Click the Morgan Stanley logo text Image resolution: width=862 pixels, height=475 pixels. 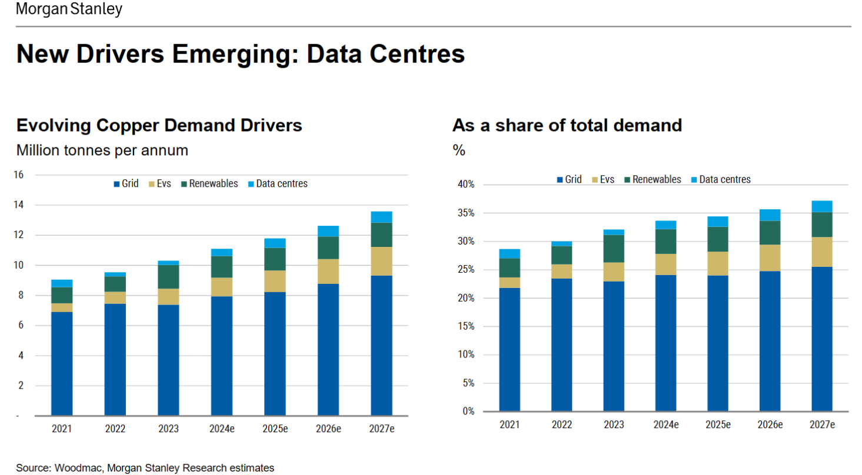(x=69, y=10)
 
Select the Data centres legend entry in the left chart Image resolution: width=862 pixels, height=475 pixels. (x=282, y=184)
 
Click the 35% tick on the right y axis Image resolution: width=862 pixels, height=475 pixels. (x=467, y=213)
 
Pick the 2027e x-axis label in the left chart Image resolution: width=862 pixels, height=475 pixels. (x=382, y=429)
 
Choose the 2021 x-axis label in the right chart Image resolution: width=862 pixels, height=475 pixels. (x=510, y=424)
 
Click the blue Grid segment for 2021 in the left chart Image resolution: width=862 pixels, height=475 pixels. (x=62, y=363)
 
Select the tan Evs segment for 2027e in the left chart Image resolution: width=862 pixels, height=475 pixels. (x=382, y=261)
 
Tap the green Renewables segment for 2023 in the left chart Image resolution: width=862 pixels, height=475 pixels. (x=168, y=276)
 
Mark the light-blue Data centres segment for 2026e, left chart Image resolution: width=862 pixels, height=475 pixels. (x=328, y=231)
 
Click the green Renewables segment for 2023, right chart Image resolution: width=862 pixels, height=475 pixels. (x=614, y=249)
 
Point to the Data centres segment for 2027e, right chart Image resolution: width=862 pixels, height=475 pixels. (x=822, y=206)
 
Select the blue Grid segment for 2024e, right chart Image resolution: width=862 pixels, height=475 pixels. (x=665, y=343)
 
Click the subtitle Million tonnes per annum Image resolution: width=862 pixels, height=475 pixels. (x=102, y=150)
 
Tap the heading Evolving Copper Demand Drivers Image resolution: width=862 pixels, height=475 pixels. (x=159, y=125)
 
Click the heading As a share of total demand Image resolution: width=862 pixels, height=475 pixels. (x=567, y=125)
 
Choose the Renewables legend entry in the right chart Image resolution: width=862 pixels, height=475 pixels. (x=657, y=179)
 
